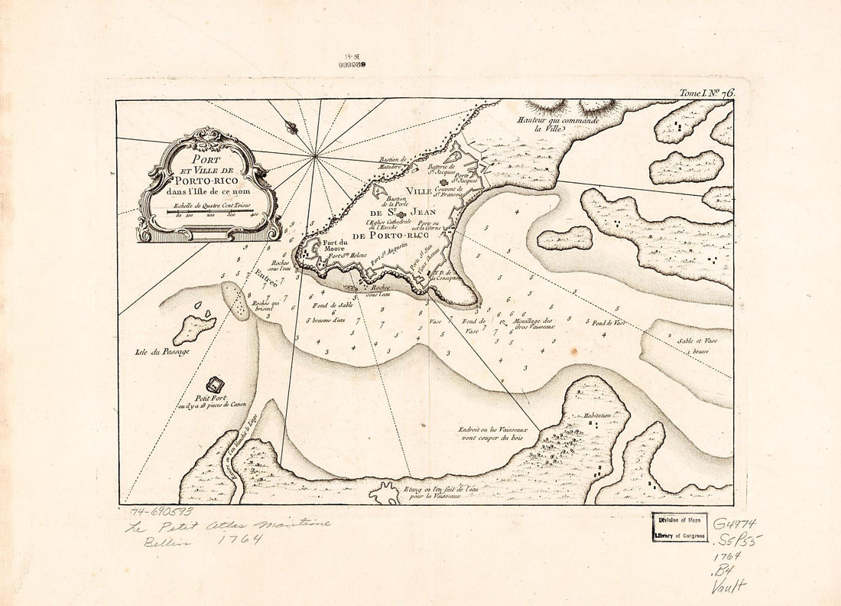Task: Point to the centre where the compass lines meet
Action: [x=314, y=156]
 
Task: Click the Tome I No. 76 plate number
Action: [x=706, y=93]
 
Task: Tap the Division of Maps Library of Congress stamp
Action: [x=680, y=527]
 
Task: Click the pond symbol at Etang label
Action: [x=384, y=494]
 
